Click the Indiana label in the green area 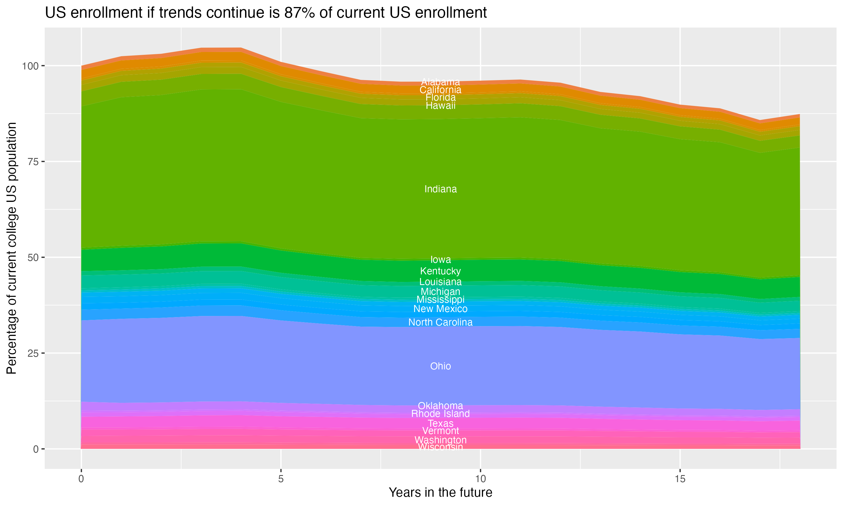pos(440,189)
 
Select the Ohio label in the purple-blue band pos(440,366)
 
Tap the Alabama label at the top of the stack pos(440,82)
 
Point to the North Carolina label pos(440,322)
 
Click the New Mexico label pos(440,309)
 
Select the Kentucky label pos(440,271)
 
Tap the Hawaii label pos(440,106)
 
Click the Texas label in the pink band pos(440,423)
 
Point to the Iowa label pos(440,260)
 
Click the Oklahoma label pos(440,406)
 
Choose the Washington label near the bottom pos(440,440)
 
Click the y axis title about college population pos(12,248)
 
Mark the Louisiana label pos(440,282)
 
